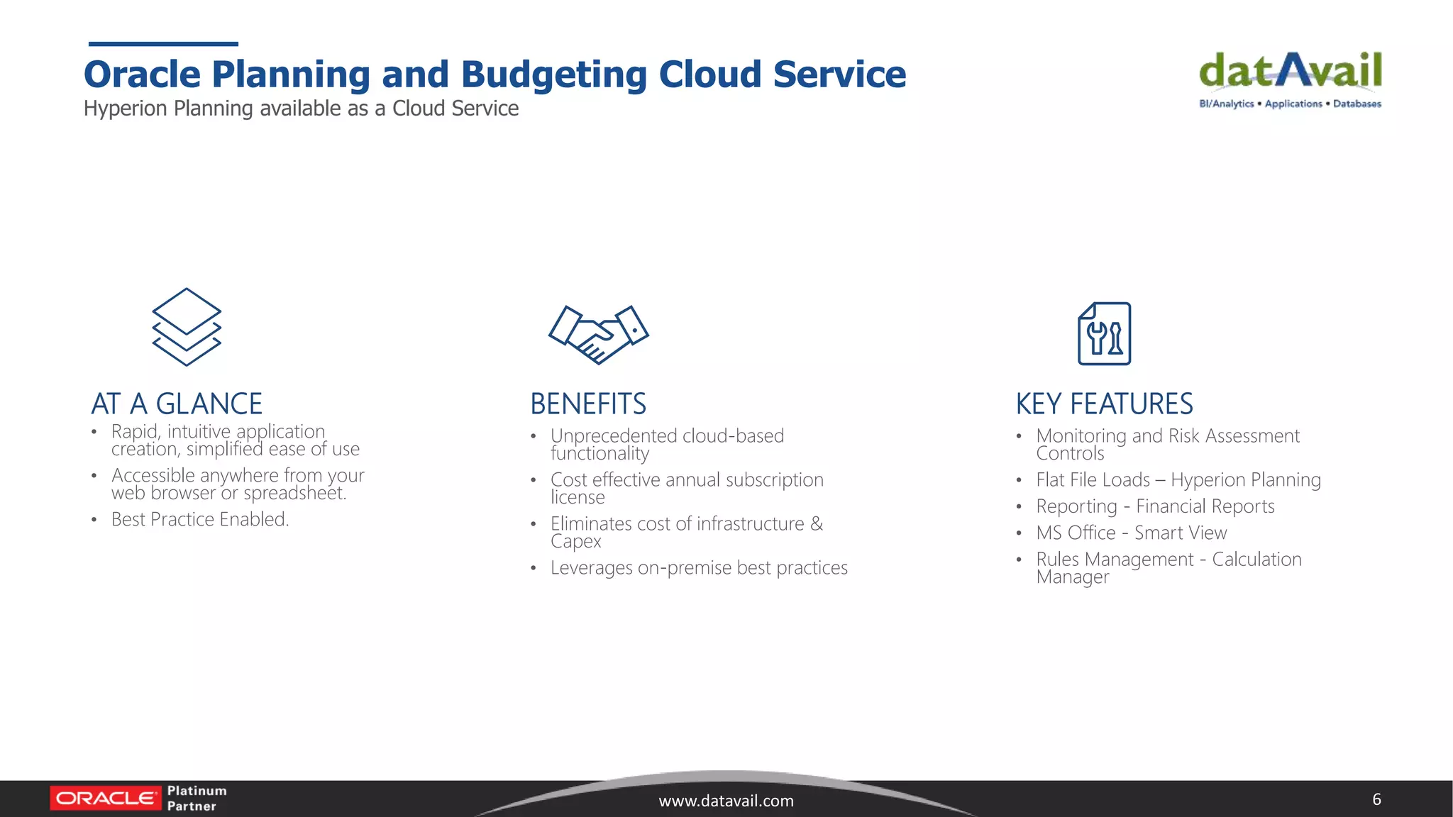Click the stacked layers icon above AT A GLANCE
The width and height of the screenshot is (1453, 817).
click(187, 327)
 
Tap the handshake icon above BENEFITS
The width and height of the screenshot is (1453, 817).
click(599, 334)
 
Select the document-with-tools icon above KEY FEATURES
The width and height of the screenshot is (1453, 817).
click(1104, 333)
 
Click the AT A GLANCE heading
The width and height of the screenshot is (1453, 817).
click(177, 404)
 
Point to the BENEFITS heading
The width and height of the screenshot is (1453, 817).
click(588, 404)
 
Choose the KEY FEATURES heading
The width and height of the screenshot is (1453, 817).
click(1104, 404)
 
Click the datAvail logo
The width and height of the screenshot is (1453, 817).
click(1290, 72)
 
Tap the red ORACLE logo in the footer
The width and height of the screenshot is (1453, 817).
click(106, 799)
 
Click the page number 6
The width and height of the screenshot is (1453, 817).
click(1376, 799)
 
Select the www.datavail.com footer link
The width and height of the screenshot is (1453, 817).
click(726, 801)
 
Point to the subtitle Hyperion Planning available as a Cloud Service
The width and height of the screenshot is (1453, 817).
click(301, 109)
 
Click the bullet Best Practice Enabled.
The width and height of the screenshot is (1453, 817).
click(200, 519)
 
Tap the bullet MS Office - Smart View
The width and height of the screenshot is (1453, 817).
click(1131, 533)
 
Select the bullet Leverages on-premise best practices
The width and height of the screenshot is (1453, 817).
click(699, 568)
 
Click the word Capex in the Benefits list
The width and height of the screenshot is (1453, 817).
click(575, 542)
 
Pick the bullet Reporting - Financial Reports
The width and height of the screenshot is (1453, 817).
click(1155, 506)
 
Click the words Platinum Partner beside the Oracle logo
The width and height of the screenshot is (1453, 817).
click(196, 799)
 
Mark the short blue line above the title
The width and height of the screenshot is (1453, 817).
click(163, 44)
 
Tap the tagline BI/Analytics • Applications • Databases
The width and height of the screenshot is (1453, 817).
click(1290, 104)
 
